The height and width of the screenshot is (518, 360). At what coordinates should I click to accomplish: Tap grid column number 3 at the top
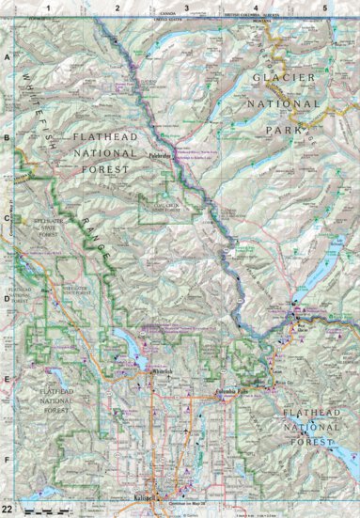(186, 8)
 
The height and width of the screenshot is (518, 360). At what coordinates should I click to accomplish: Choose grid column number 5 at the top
(323, 8)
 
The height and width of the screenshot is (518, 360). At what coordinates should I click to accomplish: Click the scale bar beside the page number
(42, 509)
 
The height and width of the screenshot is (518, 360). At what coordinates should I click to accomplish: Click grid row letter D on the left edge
(7, 300)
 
